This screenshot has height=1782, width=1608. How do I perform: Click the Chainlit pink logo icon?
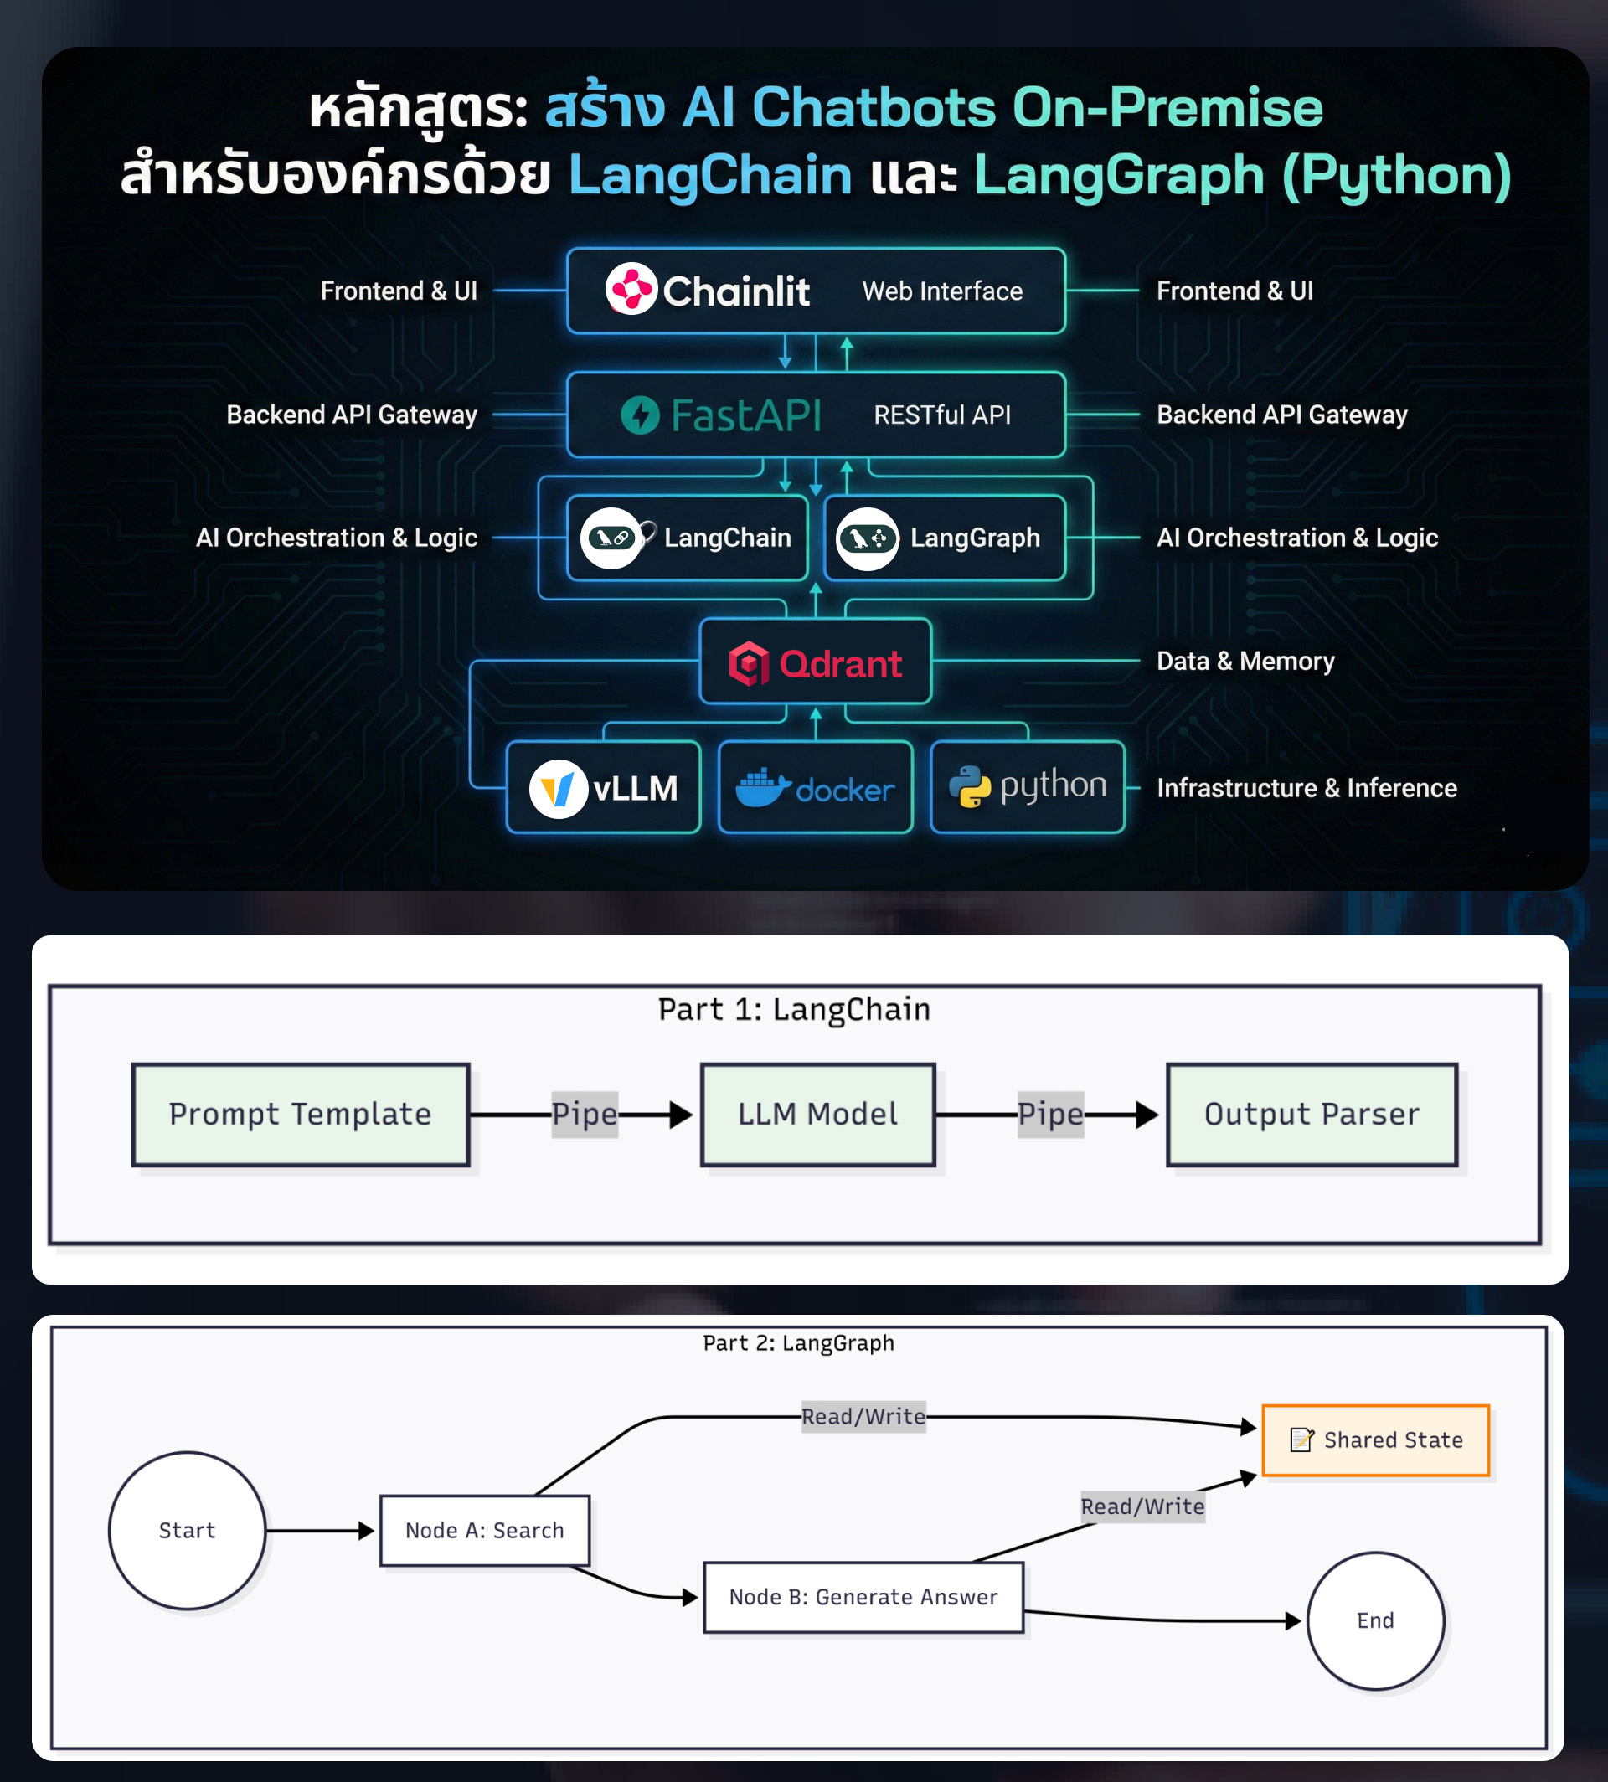pos(631,289)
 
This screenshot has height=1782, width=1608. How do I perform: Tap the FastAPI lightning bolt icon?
pos(640,415)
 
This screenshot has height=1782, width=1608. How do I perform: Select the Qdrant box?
pos(815,662)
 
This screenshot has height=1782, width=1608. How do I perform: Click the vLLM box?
pos(604,787)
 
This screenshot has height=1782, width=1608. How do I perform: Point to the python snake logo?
pos(969,786)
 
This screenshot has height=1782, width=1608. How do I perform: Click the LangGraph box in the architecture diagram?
pos(945,537)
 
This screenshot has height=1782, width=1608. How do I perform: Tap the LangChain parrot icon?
pos(611,537)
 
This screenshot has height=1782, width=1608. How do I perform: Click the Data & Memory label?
pos(1245,661)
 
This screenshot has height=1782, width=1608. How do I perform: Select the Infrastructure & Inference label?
pos(1306,787)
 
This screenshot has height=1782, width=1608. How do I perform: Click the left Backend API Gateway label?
pos(351,415)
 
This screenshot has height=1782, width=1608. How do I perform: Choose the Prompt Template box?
pos(301,1114)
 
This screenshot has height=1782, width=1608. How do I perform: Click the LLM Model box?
pos(817,1114)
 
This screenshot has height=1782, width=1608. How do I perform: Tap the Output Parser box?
pos(1312,1114)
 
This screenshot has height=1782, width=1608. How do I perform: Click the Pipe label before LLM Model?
pos(584,1114)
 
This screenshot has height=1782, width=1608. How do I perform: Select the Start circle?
pos(187,1530)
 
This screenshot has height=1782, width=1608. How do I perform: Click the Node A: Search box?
pos(484,1530)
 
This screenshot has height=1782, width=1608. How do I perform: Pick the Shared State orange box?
pos(1374,1440)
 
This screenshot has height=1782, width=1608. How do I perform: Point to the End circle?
pos(1374,1620)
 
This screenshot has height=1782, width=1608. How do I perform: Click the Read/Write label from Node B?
pos(1142,1506)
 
